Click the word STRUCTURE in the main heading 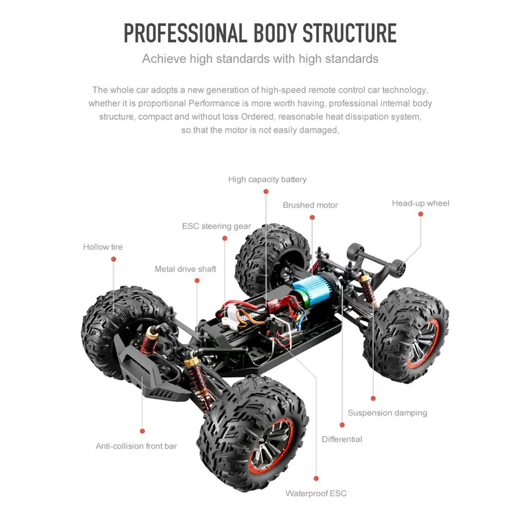tap(349, 32)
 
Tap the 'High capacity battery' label tap(267, 179)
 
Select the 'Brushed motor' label tap(310, 205)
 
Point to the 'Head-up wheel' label tap(420, 203)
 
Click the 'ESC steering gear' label tap(216, 226)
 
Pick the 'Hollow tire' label tap(103, 247)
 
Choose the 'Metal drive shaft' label tap(186, 269)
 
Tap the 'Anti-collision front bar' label tap(136, 446)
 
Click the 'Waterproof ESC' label tap(316, 494)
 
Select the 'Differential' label tap(342, 439)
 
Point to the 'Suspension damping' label tap(387, 413)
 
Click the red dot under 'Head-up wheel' tap(420, 214)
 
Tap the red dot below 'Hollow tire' tap(113, 259)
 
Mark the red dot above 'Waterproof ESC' tap(316, 478)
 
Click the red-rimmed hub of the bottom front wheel tap(271, 446)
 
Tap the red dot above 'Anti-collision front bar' tap(142, 431)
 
